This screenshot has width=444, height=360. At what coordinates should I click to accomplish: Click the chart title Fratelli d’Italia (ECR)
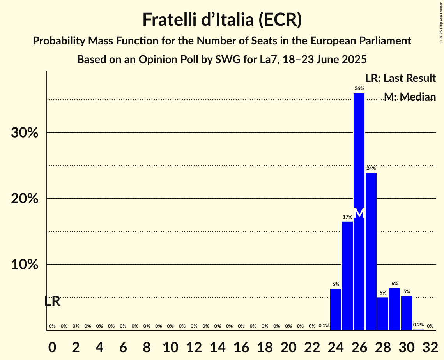pyautogui.click(x=222, y=19)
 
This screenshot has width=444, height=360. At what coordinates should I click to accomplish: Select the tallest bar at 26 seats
pyautogui.click(x=359, y=156)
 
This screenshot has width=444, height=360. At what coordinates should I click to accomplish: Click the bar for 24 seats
pyautogui.click(x=336, y=309)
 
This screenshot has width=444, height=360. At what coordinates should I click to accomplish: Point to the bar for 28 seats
pyautogui.click(x=383, y=314)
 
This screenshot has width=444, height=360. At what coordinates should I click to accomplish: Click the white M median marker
pyautogui.click(x=359, y=213)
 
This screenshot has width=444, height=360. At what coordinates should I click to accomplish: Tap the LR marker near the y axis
pyautogui.click(x=52, y=301)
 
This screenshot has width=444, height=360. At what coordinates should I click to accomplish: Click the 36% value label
pyautogui.click(x=359, y=88)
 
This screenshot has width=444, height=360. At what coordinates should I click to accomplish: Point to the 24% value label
pyautogui.click(x=371, y=168)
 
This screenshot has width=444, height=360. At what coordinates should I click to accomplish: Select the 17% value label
pyautogui.click(x=347, y=217)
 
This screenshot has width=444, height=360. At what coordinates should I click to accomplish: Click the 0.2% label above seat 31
pyautogui.click(x=418, y=325)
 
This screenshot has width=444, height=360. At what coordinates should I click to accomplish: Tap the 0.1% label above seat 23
pyautogui.click(x=324, y=326)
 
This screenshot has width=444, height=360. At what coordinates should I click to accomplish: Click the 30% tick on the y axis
pyautogui.click(x=25, y=133)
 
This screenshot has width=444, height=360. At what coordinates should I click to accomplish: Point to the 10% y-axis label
pyautogui.click(x=25, y=265)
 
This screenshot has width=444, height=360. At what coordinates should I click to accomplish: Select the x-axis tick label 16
pyautogui.click(x=241, y=346)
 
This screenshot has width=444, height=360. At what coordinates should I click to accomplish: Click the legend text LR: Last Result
pyautogui.click(x=401, y=78)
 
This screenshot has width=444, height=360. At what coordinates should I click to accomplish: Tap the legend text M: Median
pyautogui.click(x=410, y=97)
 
